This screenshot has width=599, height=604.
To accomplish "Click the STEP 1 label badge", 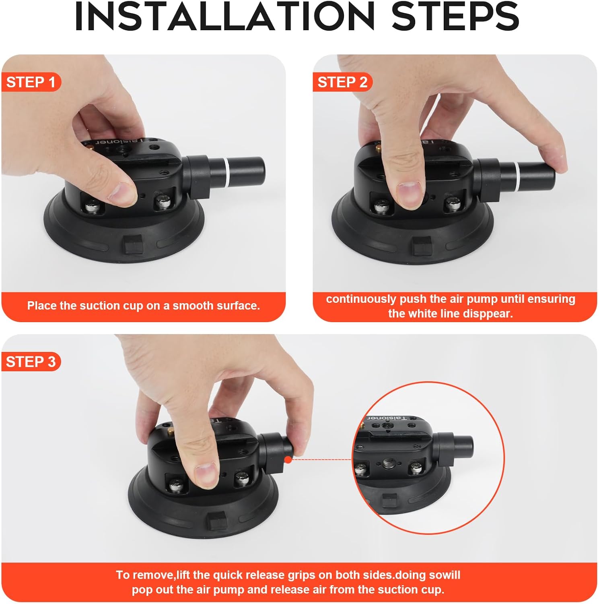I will [31, 82].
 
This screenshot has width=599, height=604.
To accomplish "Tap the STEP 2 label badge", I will [342, 82].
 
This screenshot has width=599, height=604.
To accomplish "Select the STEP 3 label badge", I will [31, 362].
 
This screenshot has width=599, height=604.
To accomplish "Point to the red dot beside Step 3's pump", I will [288, 459].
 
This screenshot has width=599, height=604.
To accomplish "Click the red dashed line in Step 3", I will [322, 459].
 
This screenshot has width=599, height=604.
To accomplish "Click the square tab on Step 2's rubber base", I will [422, 245].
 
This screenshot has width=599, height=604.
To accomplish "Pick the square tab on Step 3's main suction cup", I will [218, 522].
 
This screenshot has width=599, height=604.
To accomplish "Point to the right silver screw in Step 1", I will [163, 202].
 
